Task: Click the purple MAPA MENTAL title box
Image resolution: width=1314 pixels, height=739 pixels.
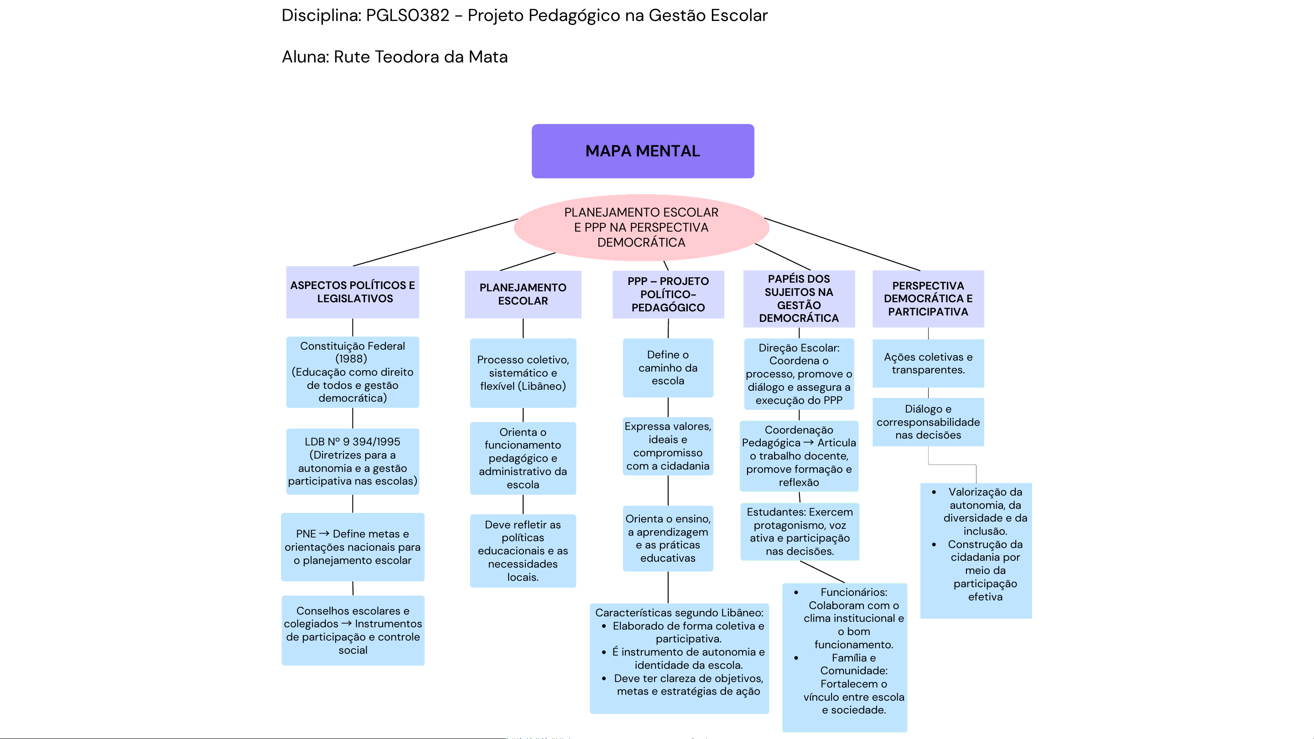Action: point(642,151)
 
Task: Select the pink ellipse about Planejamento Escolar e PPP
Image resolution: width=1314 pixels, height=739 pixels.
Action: point(641,227)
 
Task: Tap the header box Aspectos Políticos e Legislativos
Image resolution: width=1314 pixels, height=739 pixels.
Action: point(353,292)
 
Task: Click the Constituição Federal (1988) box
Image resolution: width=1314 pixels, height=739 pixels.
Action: point(353,372)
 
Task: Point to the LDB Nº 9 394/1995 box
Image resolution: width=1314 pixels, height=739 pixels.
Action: point(353,461)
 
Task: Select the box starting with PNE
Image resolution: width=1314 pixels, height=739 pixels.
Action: point(353,547)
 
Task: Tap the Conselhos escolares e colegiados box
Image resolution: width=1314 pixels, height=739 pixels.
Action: point(353,630)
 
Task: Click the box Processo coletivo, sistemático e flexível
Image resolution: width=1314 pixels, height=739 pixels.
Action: point(523,373)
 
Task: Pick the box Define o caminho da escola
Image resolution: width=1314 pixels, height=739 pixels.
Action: point(668,368)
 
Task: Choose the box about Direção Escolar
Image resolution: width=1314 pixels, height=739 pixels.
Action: point(799,374)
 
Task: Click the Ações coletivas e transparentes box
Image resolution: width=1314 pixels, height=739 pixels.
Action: point(928,363)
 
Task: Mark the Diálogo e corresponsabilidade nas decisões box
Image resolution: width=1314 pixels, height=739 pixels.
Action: point(928,422)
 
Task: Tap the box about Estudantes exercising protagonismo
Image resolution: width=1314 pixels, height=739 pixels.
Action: point(800,532)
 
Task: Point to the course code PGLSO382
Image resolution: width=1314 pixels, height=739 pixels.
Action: point(408,16)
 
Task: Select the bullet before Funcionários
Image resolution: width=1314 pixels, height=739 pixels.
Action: point(796,593)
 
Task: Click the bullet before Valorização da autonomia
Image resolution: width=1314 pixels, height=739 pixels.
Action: point(934,492)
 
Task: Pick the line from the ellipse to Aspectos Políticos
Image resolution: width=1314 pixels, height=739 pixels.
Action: point(435,243)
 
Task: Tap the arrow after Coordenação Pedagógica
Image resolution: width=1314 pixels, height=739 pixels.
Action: point(809,443)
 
